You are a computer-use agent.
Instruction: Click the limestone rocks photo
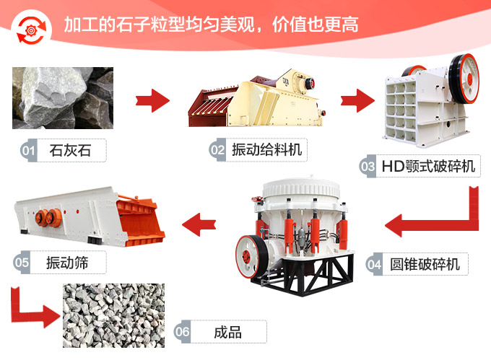pos(63,98)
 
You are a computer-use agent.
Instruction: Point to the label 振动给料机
pos(266,150)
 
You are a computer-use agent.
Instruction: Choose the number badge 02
pos(217,150)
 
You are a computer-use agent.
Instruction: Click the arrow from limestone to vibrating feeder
pos(152,99)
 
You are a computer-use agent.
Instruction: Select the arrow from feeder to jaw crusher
pos(357,99)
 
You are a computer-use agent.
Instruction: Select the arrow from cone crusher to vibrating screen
pos(198,224)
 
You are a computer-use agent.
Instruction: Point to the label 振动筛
pos(67,262)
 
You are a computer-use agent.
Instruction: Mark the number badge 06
pos(183,332)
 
